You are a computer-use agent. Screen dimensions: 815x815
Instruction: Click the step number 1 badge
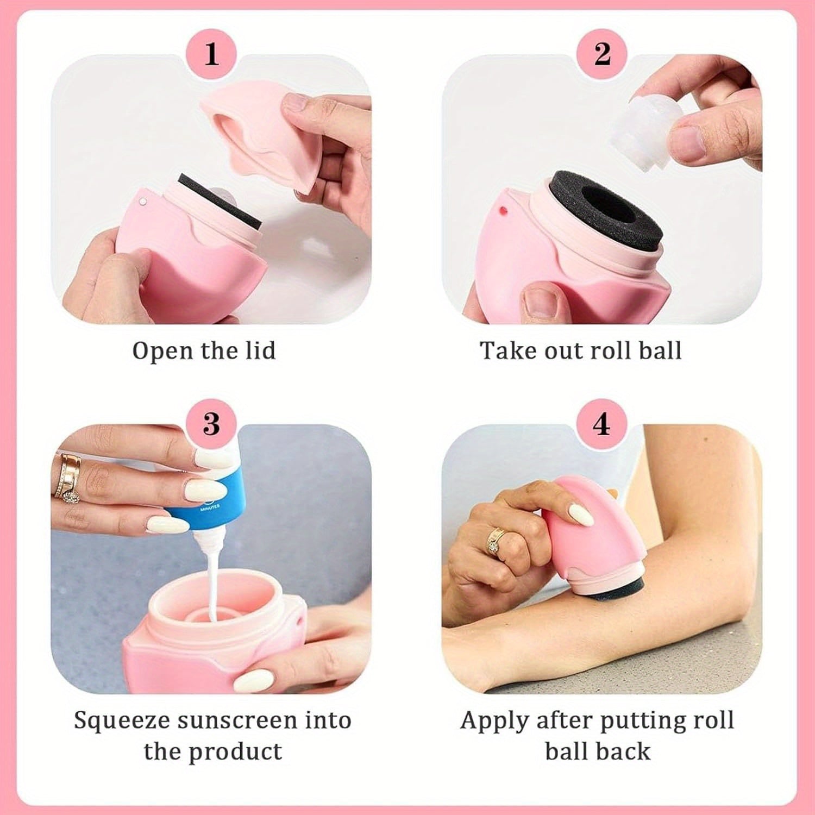(x=211, y=53)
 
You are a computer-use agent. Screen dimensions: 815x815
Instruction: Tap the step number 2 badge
(x=601, y=53)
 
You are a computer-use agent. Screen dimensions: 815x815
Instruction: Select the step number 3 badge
(x=211, y=423)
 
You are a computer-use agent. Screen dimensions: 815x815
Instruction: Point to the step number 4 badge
(x=601, y=423)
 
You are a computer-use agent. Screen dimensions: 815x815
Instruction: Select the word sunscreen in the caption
(x=238, y=721)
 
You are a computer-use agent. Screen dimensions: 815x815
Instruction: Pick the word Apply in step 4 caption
(x=494, y=721)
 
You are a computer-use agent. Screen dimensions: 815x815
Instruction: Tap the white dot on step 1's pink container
(x=143, y=202)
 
